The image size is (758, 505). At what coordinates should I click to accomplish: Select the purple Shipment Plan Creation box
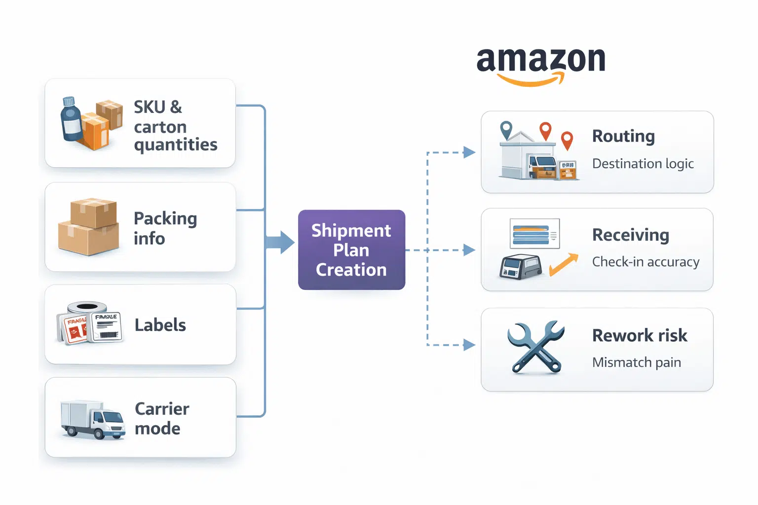(x=351, y=250)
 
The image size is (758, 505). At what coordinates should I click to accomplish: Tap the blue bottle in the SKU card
(x=71, y=119)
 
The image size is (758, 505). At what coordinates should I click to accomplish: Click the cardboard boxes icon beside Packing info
(x=89, y=227)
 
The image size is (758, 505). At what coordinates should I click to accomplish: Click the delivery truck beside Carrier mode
(x=92, y=419)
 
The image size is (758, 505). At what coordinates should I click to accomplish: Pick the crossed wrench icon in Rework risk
(x=535, y=348)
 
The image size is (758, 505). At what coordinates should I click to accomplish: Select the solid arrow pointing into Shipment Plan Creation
(x=281, y=242)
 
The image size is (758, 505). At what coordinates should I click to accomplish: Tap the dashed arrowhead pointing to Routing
(x=469, y=152)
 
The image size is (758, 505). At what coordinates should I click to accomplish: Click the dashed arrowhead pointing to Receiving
(x=469, y=250)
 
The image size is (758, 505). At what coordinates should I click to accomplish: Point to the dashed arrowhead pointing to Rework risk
(x=469, y=345)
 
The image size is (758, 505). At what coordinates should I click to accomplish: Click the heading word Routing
(x=623, y=136)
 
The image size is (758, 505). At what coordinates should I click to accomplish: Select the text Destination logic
(x=643, y=164)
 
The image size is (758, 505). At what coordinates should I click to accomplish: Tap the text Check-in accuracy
(x=645, y=262)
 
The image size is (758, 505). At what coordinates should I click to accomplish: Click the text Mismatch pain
(x=636, y=362)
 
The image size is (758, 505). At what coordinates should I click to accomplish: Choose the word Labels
(x=160, y=325)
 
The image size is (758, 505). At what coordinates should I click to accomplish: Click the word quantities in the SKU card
(x=175, y=145)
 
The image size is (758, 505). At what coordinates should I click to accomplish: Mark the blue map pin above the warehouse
(x=506, y=130)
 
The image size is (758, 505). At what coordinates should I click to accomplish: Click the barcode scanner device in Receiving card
(x=520, y=267)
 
